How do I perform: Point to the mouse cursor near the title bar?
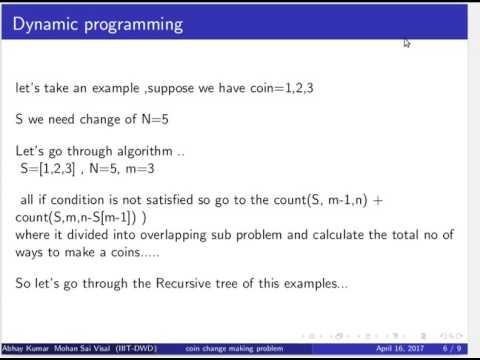407,43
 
